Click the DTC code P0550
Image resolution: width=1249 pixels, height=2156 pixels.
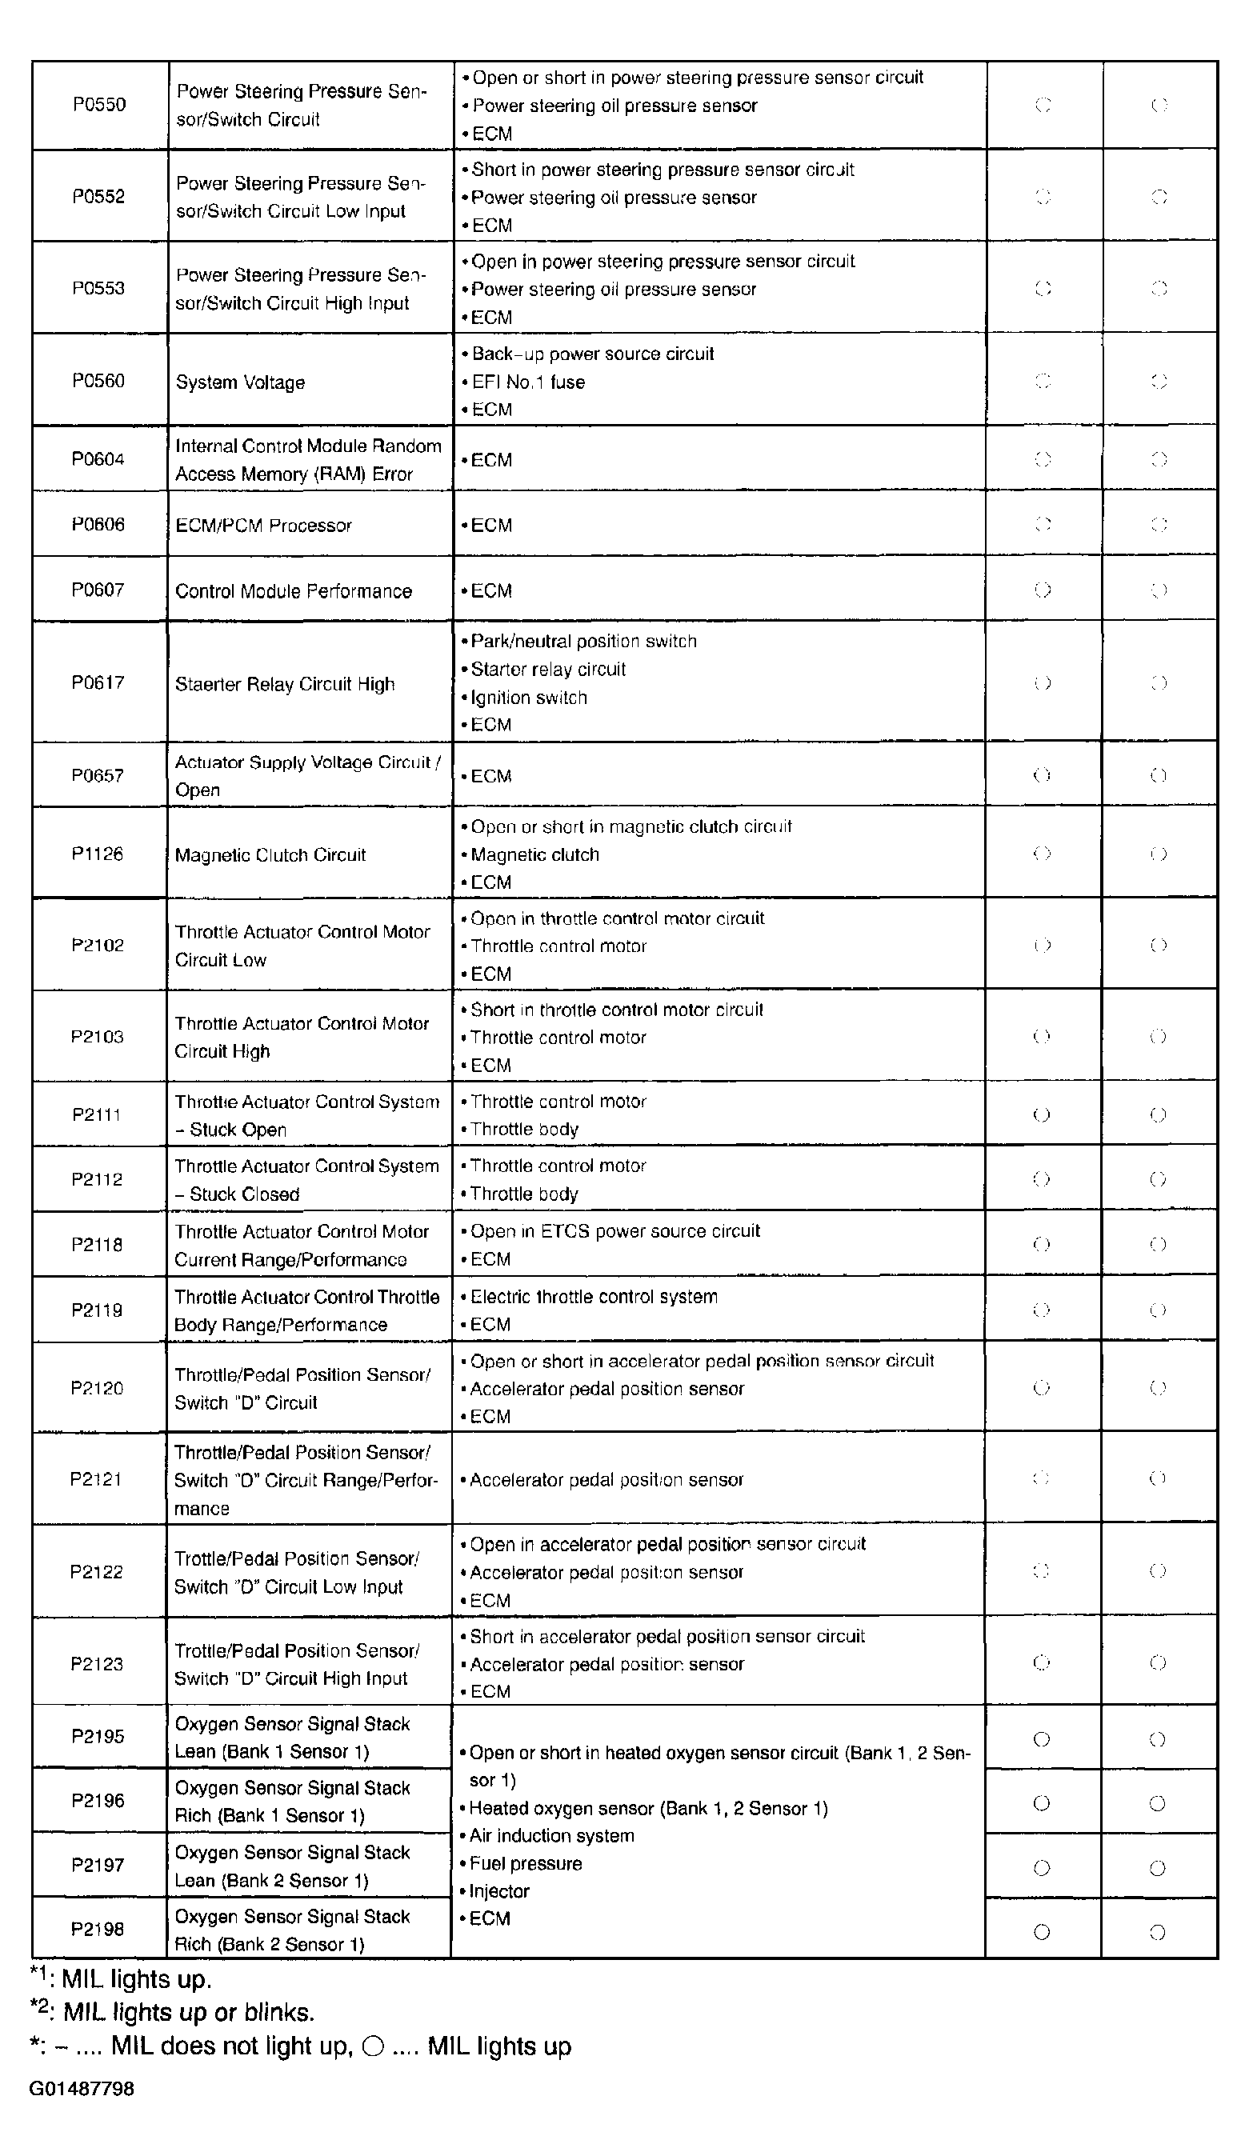[x=99, y=104]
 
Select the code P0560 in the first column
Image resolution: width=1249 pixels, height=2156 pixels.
[x=98, y=381]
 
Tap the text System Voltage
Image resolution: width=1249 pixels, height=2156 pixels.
[x=240, y=382]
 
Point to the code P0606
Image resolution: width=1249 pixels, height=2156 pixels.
[x=98, y=525]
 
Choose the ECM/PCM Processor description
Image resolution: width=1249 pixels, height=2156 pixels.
[x=263, y=526]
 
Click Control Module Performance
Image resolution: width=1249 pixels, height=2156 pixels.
[x=294, y=591]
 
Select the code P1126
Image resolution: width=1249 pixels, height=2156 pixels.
[x=97, y=854]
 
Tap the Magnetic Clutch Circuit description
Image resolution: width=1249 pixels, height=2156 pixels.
[x=270, y=855]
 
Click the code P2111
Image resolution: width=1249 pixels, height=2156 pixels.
[x=97, y=1114]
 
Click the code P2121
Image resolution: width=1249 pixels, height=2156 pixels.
[x=96, y=1479]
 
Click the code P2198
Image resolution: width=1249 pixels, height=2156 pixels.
[x=98, y=1930]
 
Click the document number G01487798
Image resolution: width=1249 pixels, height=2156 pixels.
[x=82, y=2089]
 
